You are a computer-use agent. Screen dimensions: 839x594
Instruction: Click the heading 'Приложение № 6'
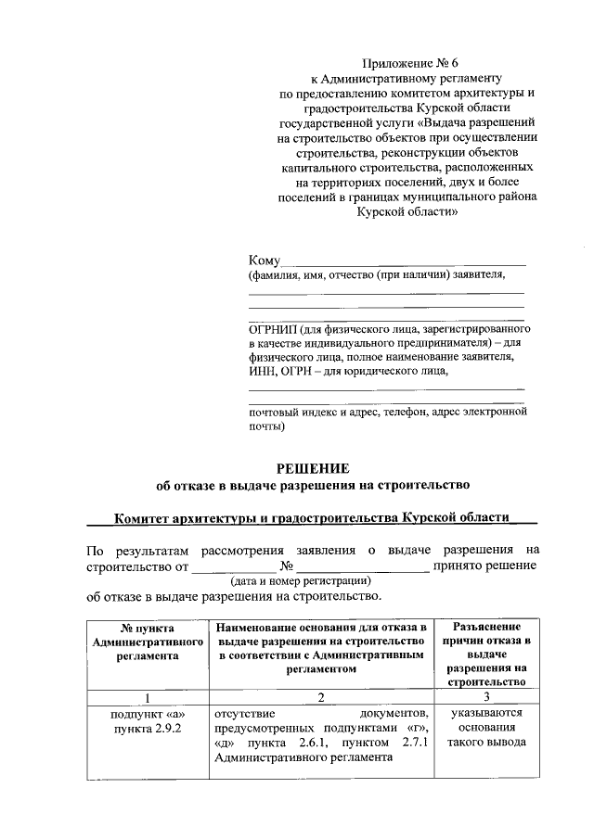click(x=410, y=63)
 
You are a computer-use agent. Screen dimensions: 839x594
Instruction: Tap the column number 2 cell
click(x=320, y=697)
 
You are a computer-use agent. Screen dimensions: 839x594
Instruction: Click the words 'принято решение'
click(x=490, y=565)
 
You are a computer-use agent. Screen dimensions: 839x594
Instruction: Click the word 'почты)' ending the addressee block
click(x=266, y=427)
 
